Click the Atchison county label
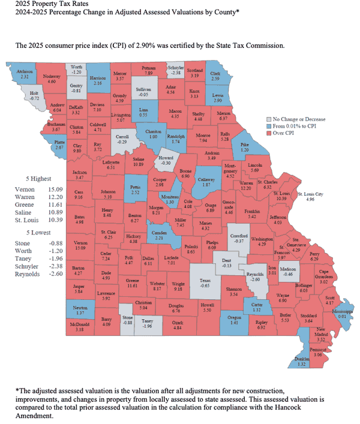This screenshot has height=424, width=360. coord(24,71)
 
